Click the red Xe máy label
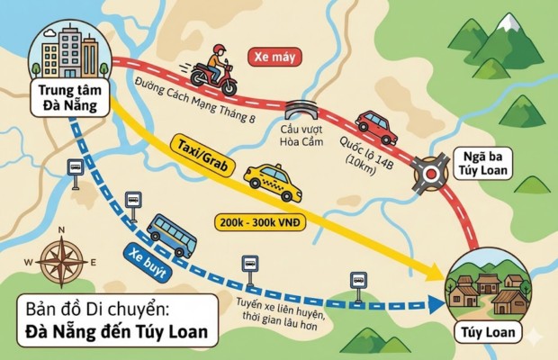click(274, 57)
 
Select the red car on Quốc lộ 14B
click(376, 127)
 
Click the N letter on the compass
click(61, 231)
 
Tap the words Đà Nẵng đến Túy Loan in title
click(116, 334)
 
